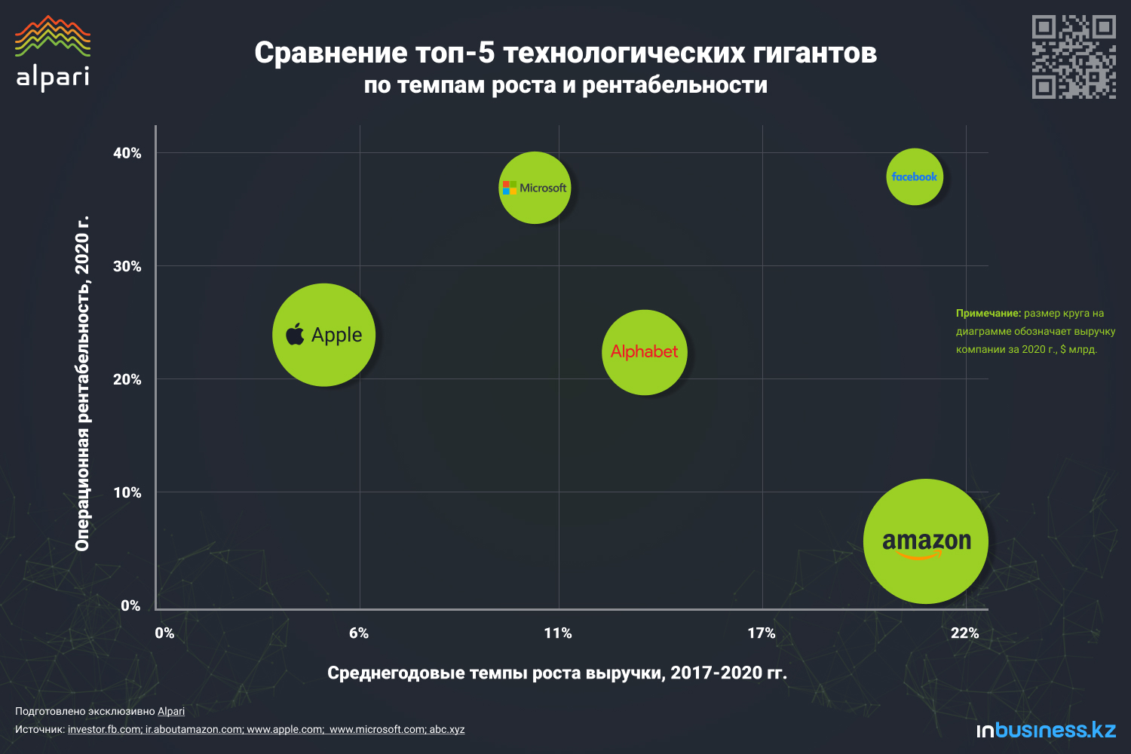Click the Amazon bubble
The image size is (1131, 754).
[x=925, y=541]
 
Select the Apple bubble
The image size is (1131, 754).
[x=323, y=335]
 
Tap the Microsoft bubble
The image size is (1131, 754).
[x=535, y=188]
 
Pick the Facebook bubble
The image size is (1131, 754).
[x=914, y=176]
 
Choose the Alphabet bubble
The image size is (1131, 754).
[x=644, y=352]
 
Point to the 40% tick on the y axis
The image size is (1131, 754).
[x=127, y=153]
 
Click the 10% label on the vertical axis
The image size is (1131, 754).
[x=127, y=492]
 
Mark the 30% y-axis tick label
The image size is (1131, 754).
[x=127, y=266]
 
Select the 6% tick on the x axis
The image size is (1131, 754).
[x=359, y=633]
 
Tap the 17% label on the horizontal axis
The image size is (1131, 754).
[x=762, y=633]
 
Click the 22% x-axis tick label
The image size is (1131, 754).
[x=964, y=633]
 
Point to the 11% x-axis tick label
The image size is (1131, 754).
[x=558, y=633]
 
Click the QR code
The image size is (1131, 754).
[x=1074, y=57]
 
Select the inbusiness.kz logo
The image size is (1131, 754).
[x=1046, y=730]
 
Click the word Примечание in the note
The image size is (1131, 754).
[x=988, y=313]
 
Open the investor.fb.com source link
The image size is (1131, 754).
[x=104, y=730]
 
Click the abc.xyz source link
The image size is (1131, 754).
[x=447, y=730]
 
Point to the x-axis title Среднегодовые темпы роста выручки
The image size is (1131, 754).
[x=556, y=673]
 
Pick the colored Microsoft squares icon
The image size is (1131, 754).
[x=510, y=188]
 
